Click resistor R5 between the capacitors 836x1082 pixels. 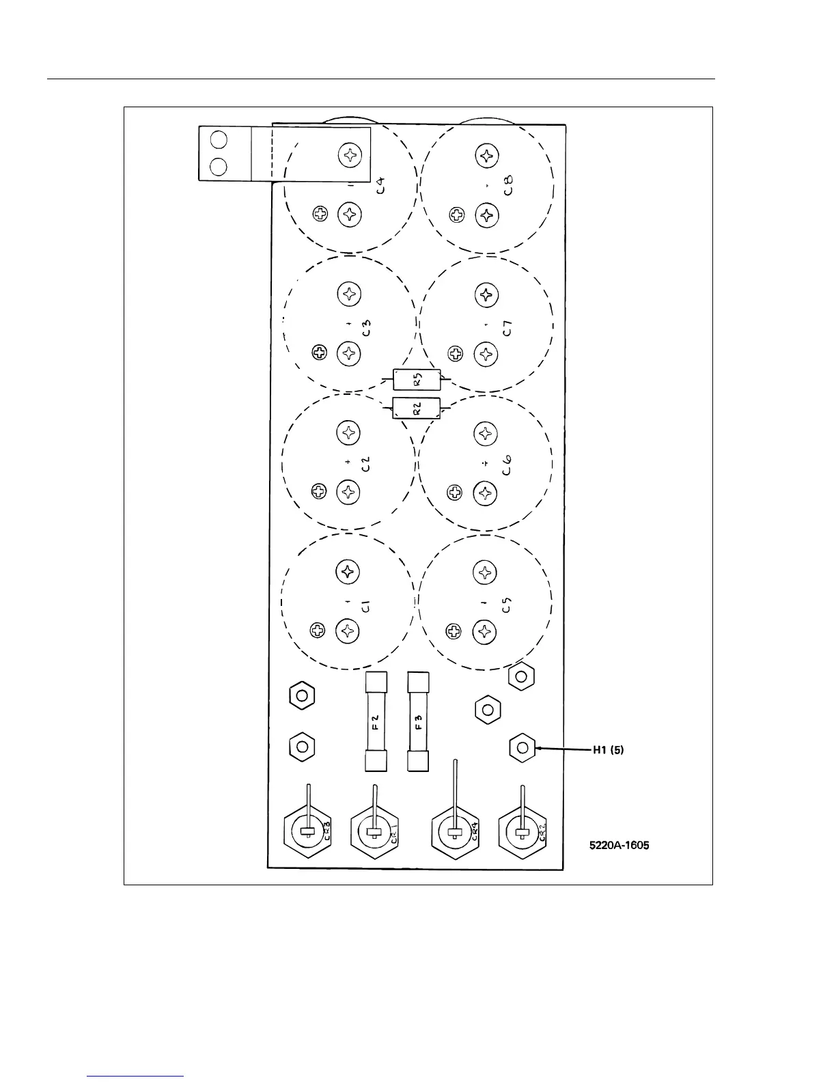pos(417,379)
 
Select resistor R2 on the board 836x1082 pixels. pos(417,408)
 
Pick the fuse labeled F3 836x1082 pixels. pos(418,721)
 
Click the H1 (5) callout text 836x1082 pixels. pos(608,749)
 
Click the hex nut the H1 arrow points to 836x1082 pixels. pos(522,747)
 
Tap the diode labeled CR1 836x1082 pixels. pos(374,831)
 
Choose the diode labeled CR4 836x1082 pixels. pos(454,831)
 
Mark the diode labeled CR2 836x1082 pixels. pos(522,831)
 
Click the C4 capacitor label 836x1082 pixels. pos(380,185)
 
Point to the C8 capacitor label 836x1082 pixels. pos(508,185)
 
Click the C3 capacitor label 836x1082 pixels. pos(366,327)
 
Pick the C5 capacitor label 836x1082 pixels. pos(506,605)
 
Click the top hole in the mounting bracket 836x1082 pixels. pos(219,140)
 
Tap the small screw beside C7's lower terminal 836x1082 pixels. pos(456,354)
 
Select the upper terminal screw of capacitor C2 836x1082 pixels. pos(348,432)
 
